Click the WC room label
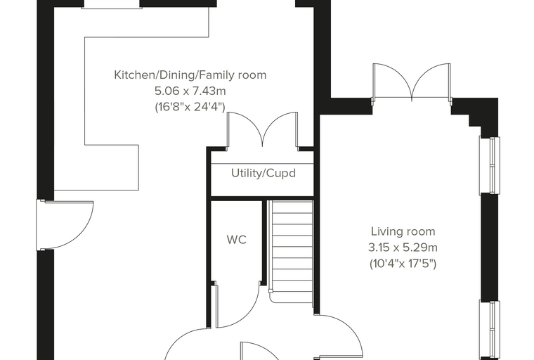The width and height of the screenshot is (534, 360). pos(236,240)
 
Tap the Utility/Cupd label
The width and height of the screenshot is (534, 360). pos(263,173)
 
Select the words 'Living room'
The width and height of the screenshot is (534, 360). pos(403,231)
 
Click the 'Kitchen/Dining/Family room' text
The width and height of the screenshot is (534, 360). pos(190,75)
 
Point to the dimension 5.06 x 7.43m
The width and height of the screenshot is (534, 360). pos(190,91)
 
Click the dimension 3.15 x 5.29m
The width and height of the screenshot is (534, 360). pos(403,247)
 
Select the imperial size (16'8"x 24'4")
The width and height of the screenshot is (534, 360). pos(190,107)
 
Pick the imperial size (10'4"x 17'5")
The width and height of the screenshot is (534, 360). pos(403,264)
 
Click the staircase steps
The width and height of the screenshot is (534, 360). pos(292,251)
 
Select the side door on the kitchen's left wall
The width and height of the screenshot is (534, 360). pos(65,225)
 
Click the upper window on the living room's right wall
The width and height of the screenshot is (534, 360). pos(490,165)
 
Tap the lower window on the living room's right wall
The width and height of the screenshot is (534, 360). pos(490,330)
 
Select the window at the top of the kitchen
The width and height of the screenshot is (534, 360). pos(111,4)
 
